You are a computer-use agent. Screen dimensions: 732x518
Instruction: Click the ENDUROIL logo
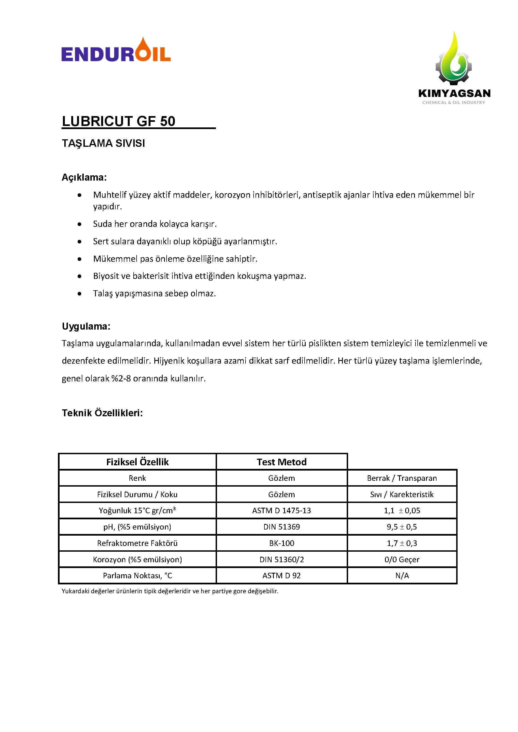click(116, 50)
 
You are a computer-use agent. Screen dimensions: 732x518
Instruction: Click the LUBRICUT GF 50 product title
click(119, 121)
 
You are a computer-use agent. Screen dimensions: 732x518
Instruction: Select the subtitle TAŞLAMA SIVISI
click(103, 143)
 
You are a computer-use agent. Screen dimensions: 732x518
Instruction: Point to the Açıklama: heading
click(84, 178)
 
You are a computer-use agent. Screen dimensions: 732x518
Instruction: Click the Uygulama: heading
click(86, 327)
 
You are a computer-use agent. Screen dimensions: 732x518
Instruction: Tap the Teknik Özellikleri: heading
click(102, 413)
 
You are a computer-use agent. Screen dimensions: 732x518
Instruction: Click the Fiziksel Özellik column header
click(137, 462)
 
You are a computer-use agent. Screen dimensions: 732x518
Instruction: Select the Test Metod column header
click(282, 462)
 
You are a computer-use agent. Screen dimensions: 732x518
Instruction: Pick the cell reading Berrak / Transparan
click(402, 478)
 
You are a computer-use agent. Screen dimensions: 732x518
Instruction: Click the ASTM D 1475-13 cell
click(282, 511)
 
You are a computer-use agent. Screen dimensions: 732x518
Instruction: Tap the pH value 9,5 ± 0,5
click(402, 527)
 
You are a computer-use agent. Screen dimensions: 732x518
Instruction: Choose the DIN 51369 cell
click(282, 527)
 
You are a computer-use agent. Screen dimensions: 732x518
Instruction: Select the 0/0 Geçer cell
click(402, 559)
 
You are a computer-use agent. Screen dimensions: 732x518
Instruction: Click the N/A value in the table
click(402, 576)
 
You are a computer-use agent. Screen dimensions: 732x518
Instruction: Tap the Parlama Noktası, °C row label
click(137, 576)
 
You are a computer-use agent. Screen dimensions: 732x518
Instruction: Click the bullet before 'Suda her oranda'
click(80, 224)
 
